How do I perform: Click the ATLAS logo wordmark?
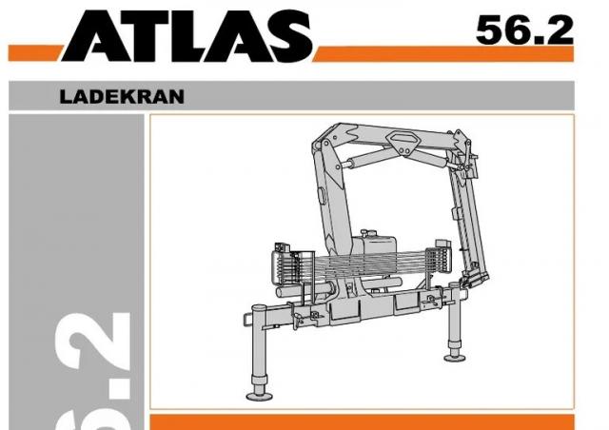[187, 36]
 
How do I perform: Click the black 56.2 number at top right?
[524, 30]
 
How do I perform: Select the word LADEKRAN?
[122, 97]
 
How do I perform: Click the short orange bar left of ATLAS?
[34, 53]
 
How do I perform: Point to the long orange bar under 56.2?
[443, 54]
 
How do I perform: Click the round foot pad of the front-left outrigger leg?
[260, 396]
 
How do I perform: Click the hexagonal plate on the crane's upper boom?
[403, 142]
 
